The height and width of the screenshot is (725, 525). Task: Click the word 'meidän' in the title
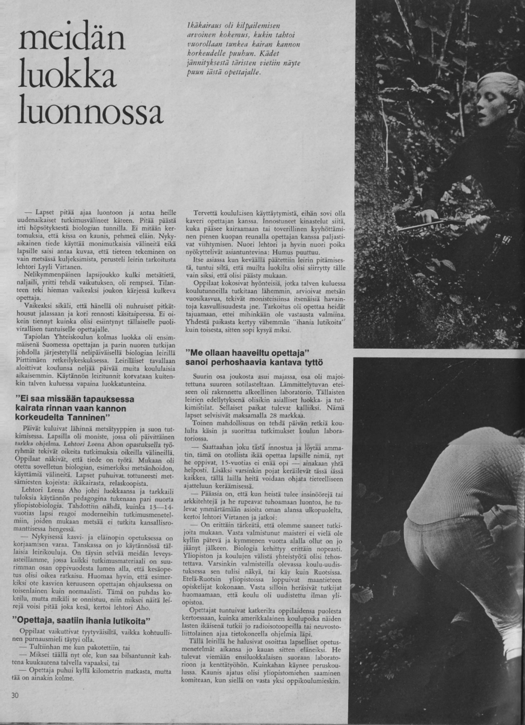tap(71, 40)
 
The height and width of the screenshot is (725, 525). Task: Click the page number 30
tap(15, 694)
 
